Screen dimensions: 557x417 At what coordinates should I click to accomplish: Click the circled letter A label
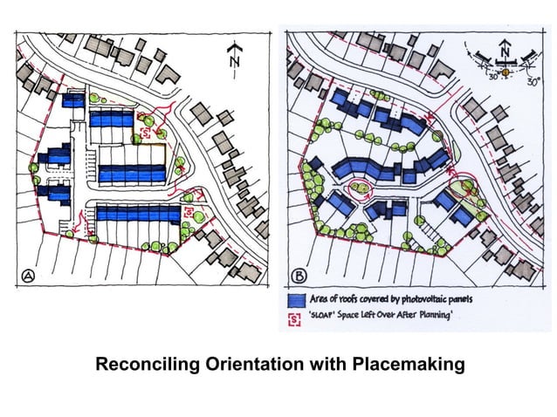click(28, 276)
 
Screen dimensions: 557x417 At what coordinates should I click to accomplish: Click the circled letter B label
click(299, 276)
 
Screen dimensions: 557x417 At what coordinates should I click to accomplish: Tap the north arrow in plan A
click(234, 59)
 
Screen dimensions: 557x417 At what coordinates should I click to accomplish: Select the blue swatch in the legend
click(297, 301)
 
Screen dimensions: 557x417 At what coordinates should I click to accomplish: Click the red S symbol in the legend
click(294, 319)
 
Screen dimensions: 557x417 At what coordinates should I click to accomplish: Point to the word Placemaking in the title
click(409, 365)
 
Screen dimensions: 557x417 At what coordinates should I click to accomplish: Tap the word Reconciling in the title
click(148, 365)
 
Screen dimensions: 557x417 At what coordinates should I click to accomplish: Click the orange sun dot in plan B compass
click(505, 72)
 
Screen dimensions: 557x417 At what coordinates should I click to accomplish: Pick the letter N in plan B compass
click(504, 51)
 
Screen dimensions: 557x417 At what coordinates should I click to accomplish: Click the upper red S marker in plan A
click(146, 133)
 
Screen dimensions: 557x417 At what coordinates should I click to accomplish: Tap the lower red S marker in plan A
click(189, 212)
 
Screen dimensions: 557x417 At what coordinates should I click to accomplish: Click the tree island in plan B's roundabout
click(361, 188)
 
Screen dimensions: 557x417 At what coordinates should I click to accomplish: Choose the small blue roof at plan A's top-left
click(73, 100)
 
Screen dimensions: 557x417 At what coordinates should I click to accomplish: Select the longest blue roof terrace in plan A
click(139, 214)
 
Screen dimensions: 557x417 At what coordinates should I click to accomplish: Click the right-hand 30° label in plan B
click(533, 82)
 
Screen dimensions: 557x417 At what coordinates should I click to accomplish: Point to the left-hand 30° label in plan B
click(493, 76)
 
